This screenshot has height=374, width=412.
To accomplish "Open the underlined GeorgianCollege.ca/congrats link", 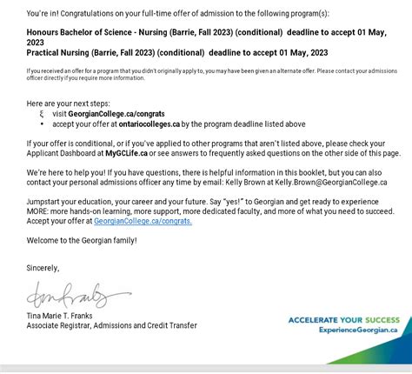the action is pyautogui.click(x=143, y=221).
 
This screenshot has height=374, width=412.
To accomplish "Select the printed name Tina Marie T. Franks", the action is pyautogui.click(x=65, y=316).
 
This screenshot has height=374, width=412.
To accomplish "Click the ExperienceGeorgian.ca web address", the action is pyautogui.click(x=358, y=330).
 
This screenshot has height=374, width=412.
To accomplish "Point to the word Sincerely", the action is pyautogui.click(x=43, y=268).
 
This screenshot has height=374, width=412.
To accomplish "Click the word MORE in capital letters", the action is pyautogui.click(x=38, y=211).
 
